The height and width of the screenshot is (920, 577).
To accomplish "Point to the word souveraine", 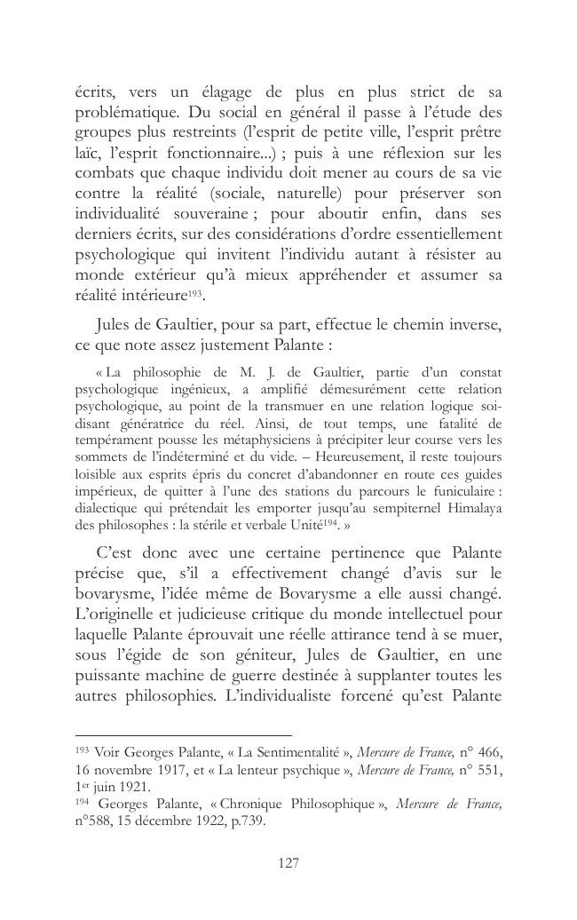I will [201, 214].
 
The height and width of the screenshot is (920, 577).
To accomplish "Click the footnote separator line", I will [184, 735].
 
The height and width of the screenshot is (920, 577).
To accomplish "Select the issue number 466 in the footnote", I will [488, 753].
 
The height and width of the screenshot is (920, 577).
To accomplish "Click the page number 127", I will [289, 862].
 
